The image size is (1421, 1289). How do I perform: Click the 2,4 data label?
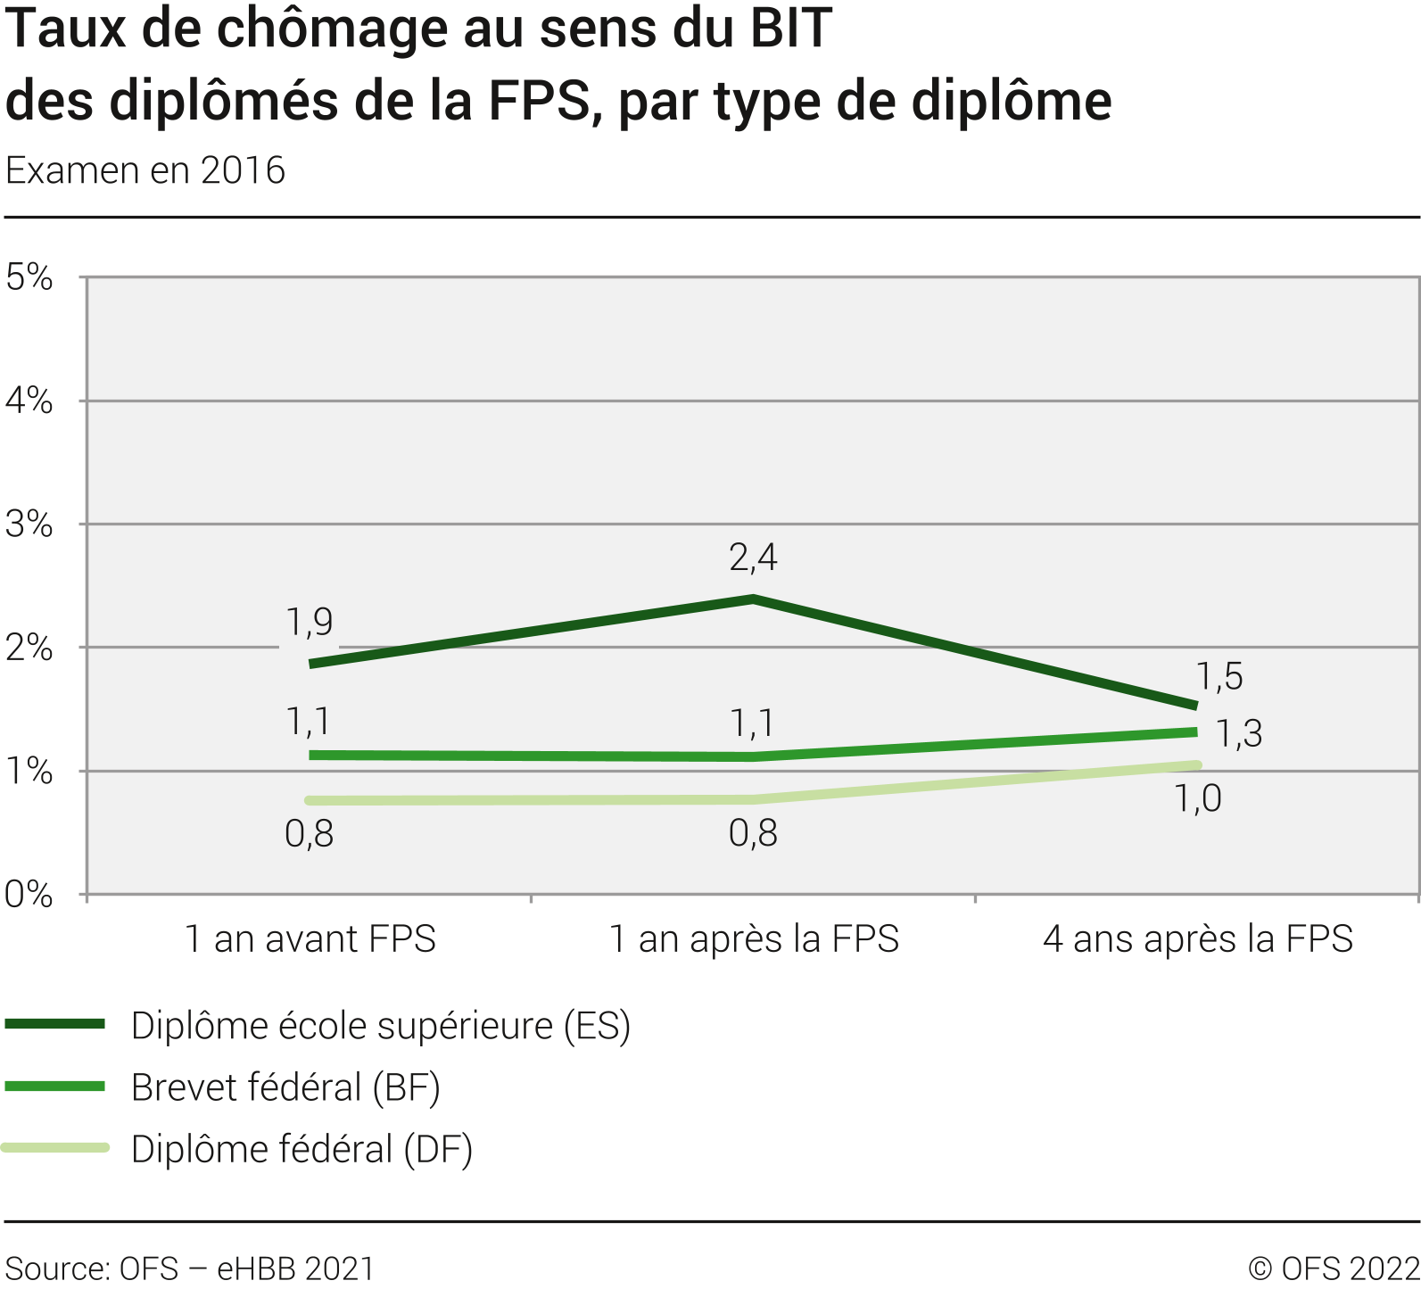click(x=753, y=558)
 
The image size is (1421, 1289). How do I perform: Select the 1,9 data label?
click(x=310, y=622)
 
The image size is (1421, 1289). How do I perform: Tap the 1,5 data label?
click(x=1219, y=677)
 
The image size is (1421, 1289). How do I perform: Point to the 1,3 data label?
click(x=1239, y=734)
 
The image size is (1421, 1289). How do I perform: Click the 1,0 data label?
click(x=1197, y=799)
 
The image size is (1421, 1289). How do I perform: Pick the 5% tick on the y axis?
click(x=29, y=277)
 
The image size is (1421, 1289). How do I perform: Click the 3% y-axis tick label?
click(x=29, y=525)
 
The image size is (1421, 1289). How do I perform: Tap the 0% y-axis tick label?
click(x=29, y=895)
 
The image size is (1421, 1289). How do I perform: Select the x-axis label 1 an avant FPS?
click(x=310, y=939)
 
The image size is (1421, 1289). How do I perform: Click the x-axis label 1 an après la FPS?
click(x=754, y=939)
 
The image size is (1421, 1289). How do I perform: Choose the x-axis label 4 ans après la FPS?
click(x=1198, y=939)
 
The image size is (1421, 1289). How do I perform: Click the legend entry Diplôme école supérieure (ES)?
click(x=381, y=1026)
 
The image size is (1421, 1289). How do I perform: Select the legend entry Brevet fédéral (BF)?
click(x=285, y=1087)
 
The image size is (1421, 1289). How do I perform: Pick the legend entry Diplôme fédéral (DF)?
click(x=302, y=1149)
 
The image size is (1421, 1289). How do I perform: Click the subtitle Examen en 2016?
click(x=145, y=170)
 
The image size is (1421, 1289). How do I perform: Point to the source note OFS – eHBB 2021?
click(x=189, y=1268)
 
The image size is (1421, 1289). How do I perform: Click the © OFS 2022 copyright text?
click(x=1334, y=1268)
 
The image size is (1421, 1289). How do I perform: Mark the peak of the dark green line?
click(x=754, y=599)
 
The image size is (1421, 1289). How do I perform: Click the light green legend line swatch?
click(x=55, y=1148)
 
